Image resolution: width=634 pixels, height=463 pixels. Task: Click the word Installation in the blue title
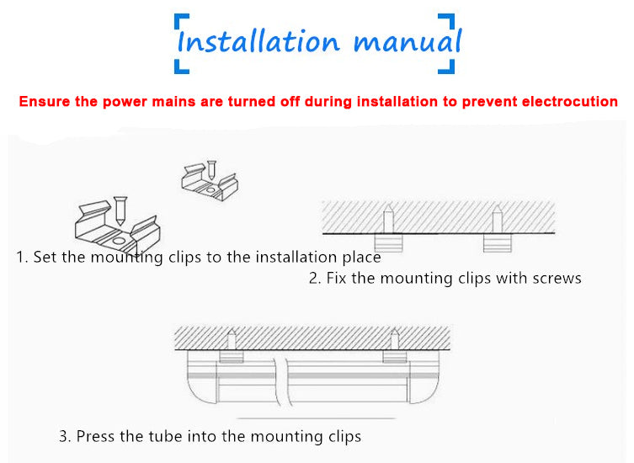[x=258, y=41]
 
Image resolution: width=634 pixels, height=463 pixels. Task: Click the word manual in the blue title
[x=408, y=41]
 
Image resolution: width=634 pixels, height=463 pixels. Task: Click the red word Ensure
[x=45, y=101]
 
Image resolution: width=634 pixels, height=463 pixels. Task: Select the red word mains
[x=173, y=101]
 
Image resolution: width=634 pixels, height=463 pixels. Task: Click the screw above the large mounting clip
[x=120, y=210]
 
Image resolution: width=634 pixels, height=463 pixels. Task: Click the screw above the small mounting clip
[x=211, y=170]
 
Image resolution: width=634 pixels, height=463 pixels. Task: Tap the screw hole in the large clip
[x=119, y=241]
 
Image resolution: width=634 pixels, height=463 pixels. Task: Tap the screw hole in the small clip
[x=210, y=189]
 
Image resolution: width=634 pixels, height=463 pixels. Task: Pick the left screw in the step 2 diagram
[x=388, y=219]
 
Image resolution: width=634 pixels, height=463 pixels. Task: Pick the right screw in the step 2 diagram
[x=497, y=219]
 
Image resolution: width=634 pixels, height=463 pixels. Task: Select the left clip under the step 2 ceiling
[x=388, y=243]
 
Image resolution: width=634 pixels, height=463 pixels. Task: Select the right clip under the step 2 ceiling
[x=498, y=243]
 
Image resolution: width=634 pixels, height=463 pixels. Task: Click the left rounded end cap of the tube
[x=202, y=377]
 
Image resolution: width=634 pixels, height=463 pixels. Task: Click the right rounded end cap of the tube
[x=424, y=377]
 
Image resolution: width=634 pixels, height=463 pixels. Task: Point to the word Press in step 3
[x=95, y=436]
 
